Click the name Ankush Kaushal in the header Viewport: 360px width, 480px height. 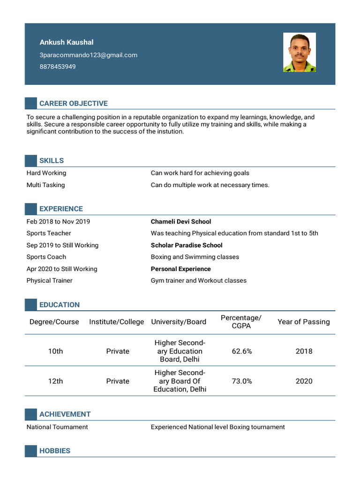click(x=66, y=42)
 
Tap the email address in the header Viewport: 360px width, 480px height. click(x=88, y=55)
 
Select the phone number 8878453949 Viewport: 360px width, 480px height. click(x=57, y=67)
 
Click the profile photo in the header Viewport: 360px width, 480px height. click(x=299, y=52)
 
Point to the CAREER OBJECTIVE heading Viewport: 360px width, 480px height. click(x=73, y=103)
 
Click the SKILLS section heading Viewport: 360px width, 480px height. click(x=52, y=161)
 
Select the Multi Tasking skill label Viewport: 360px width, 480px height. click(x=45, y=185)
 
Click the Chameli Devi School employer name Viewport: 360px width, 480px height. click(x=180, y=221)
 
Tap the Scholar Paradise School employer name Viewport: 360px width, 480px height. click(x=186, y=245)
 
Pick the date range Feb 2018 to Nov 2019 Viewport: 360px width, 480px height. click(x=58, y=221)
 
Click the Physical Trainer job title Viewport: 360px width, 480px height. click(x=49, y=280)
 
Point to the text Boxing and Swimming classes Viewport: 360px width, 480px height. click(x=195, y=257)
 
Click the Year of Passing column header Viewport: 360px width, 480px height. click(x=303, y=322)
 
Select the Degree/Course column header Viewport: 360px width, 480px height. click(x=54, y=322)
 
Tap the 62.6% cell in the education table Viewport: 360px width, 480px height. click(x=241, y=351)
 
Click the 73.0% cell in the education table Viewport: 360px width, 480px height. click(x=241, y=381)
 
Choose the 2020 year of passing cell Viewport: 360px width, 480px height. click(x=304, y=381)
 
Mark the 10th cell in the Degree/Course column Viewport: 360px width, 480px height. click(x=55, y=351)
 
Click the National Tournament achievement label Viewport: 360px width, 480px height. click(x=57, y=427)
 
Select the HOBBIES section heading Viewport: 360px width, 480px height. click(x=54, y=451)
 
